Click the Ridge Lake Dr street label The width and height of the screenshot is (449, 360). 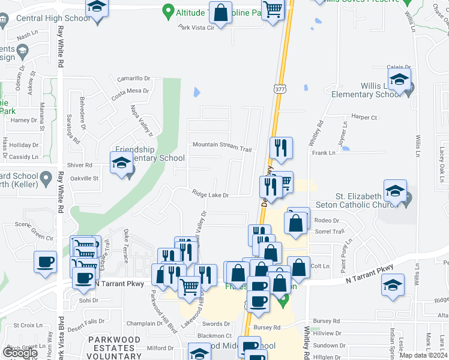point(211,194)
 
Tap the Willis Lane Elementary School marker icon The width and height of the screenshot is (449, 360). point(399,79)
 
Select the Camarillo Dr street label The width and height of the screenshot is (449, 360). point(133,78)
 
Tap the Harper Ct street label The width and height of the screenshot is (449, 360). point(364,118)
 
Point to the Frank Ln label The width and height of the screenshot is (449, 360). point(324,153)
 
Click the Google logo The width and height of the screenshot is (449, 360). point(20,353)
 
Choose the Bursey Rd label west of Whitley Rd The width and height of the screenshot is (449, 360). point(267,327)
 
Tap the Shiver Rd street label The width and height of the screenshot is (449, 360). point(80,165)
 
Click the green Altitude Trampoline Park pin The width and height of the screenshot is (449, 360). point(168,11)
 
